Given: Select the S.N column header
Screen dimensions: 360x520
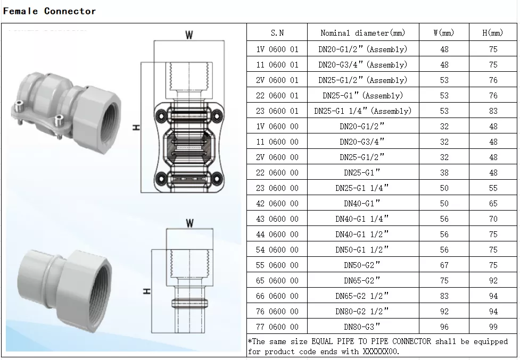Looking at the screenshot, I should tap(277, 33).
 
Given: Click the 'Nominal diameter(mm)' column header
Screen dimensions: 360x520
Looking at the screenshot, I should tap(362, 33).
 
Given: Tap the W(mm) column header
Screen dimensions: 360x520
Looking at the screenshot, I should tap(444, 33).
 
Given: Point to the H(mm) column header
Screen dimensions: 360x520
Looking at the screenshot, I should tap(492, 33).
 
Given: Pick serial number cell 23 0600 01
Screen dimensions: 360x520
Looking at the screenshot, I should tap(277, 111).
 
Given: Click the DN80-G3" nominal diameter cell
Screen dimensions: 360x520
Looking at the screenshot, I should tap(362, 327).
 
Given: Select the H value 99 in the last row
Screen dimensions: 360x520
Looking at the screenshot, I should tap(493, 327).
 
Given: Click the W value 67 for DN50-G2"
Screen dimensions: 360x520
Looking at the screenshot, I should tap(444, 265).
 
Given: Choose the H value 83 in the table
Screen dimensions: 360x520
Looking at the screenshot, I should tap(493, 111).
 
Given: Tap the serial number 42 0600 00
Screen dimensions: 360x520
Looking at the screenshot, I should tap(277, 204).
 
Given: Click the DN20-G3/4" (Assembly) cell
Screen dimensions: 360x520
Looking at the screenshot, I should tap(362, 65).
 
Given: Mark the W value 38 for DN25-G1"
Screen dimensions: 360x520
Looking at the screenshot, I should tap(444, 173).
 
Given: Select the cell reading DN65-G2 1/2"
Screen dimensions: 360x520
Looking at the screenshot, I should tap(362, 296).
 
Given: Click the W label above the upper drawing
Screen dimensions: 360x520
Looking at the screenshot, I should tap(189, 35).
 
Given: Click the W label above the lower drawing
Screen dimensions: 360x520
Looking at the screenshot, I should tap(189, 223).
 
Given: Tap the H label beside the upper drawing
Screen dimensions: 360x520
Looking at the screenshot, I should tap(136, 128).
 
